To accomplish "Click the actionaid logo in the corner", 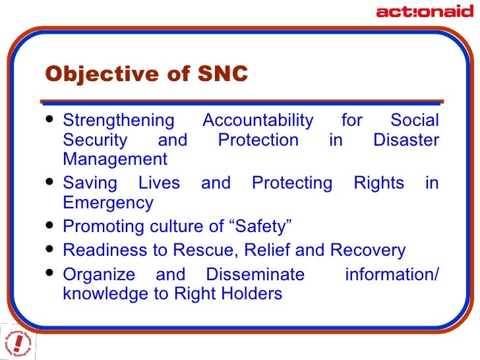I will [424, 11].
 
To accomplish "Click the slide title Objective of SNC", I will [146, 75].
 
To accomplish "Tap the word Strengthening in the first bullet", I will [119, 121].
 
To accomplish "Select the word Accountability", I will [258, 121].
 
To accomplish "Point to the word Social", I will [414, 121].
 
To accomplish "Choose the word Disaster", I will [405, 140].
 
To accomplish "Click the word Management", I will [115, 159].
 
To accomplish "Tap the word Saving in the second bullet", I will [89, 183].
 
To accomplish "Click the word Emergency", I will [108, 202].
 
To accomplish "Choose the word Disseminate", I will [255, 274].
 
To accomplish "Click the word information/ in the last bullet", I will [392, 274].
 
